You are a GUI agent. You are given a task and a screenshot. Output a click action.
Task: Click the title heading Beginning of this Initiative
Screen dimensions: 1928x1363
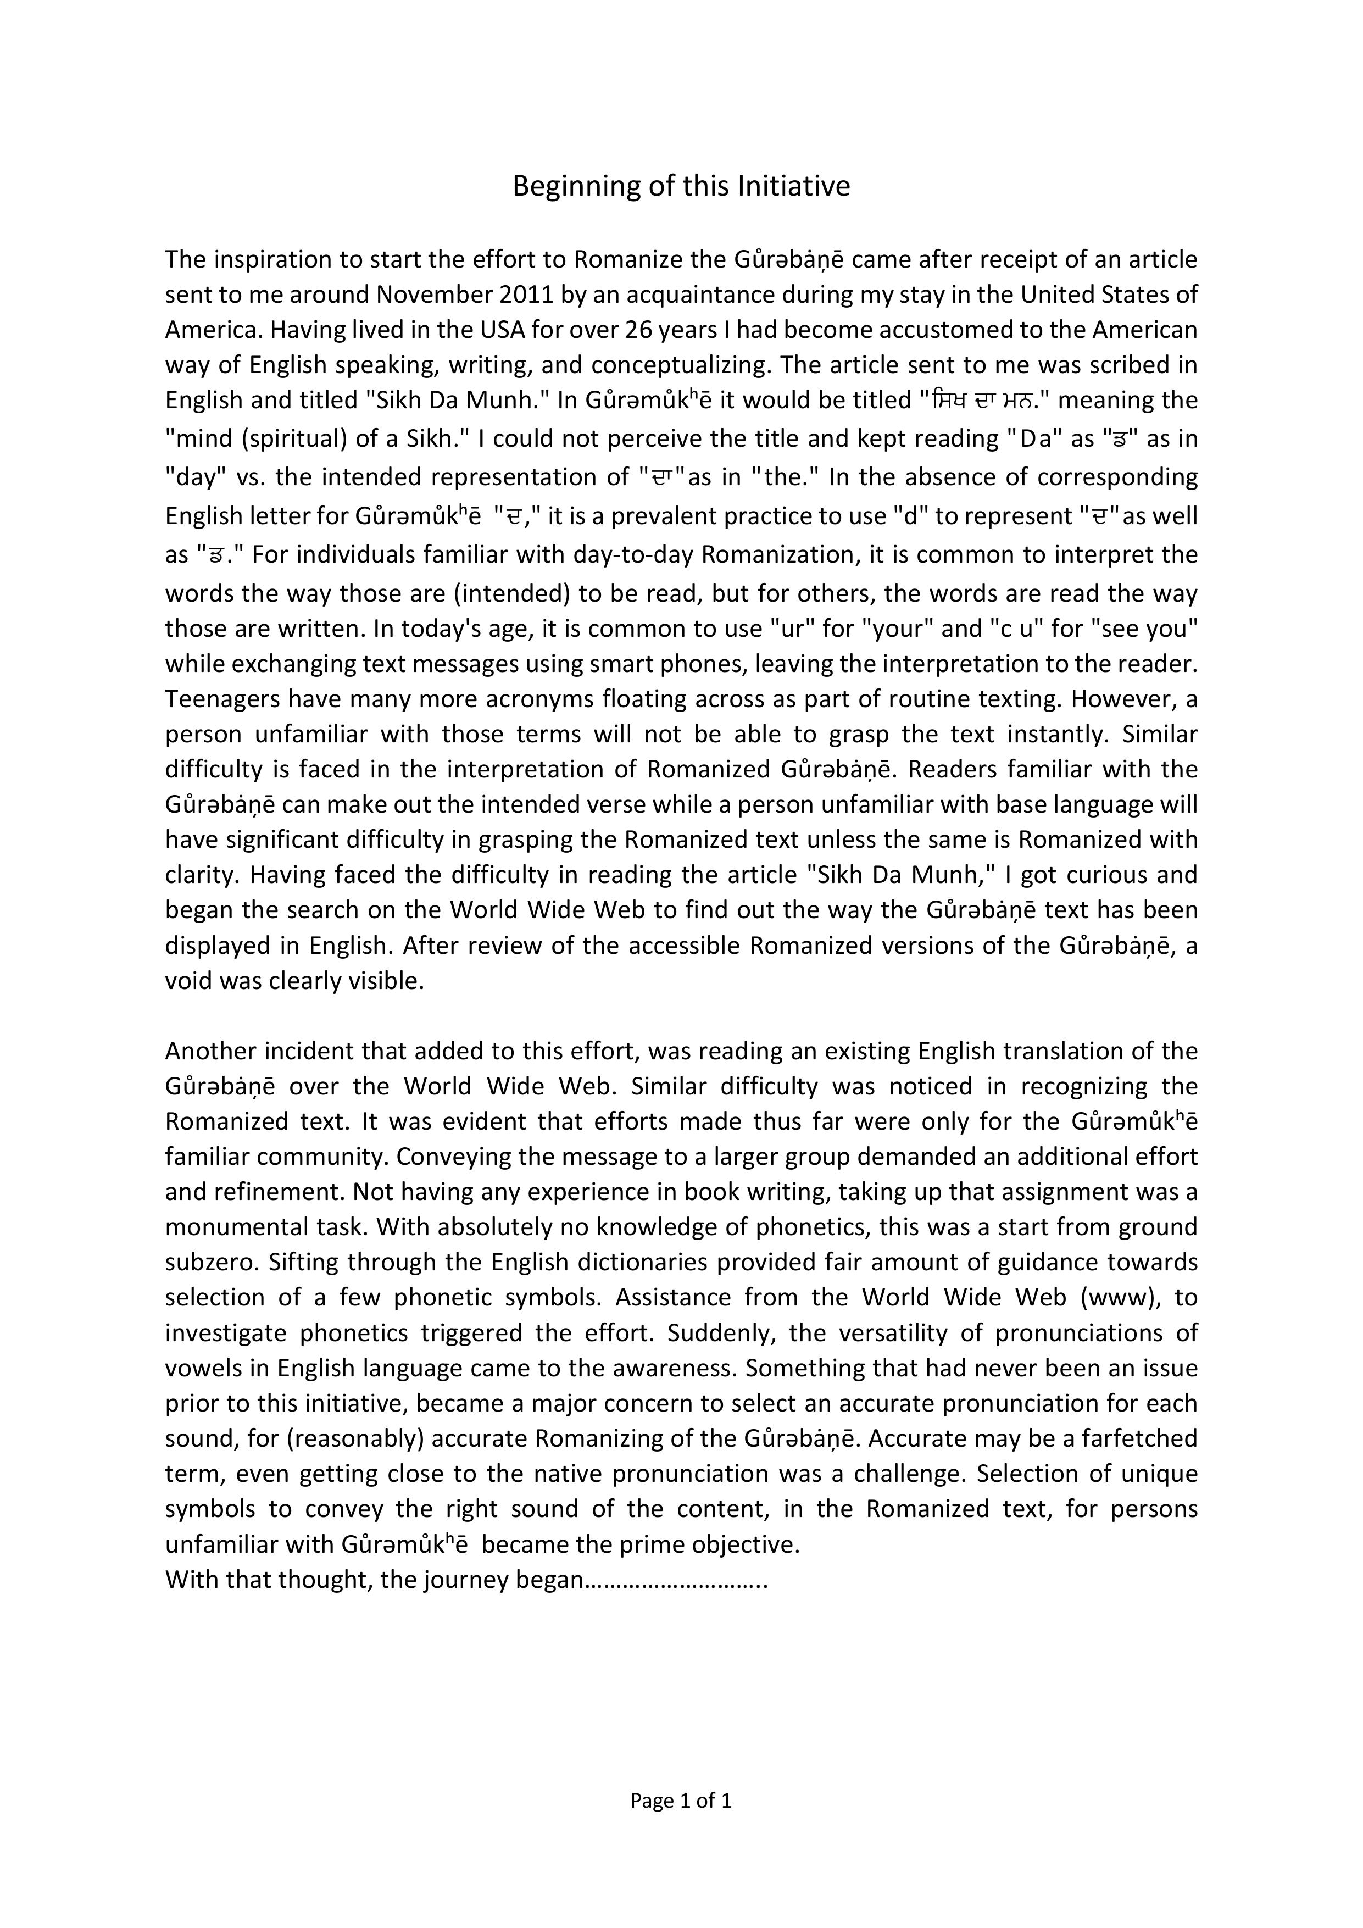pos(681,186)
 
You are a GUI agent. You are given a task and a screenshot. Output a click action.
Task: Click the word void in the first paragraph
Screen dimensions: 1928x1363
pos(187,981)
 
